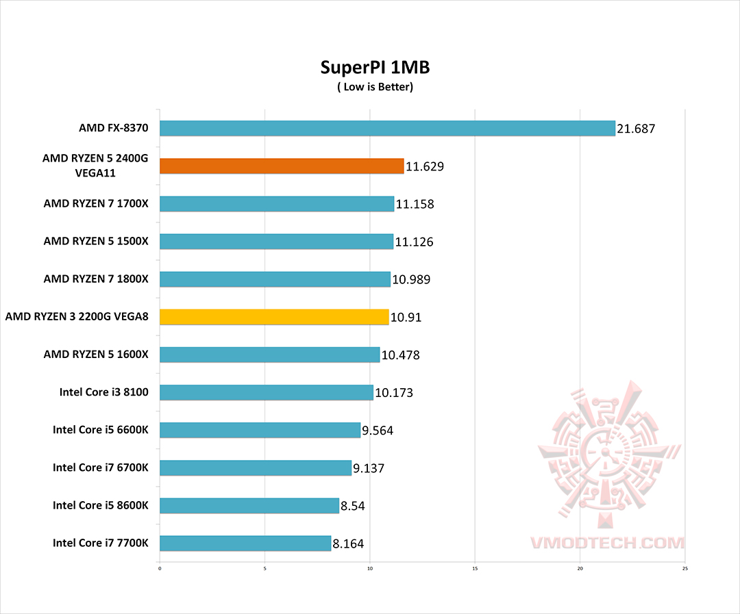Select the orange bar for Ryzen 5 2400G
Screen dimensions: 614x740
(x=282, y=166)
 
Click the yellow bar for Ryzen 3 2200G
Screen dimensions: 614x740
(x=274, y=317)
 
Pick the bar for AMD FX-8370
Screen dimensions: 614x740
(x=387, y=128)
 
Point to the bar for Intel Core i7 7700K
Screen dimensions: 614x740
(x=245, y=543)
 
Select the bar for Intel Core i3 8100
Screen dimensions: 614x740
(x=267, y=392)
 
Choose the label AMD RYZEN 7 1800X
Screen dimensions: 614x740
(x=101, y=279)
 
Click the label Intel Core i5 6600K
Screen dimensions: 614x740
(x=106, y=430)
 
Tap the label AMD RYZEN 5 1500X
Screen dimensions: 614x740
(x=101, y=241)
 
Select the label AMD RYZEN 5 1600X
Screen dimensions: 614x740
(x=101, y=355)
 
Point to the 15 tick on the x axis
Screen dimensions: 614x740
(x=475, y=567)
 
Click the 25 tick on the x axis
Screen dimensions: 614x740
(x=685, y=567)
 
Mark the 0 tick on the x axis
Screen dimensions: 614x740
(x=160, y=567)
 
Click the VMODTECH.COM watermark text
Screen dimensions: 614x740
(x=607, y=543)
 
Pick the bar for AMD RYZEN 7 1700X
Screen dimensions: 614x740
(x=277, y=203)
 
